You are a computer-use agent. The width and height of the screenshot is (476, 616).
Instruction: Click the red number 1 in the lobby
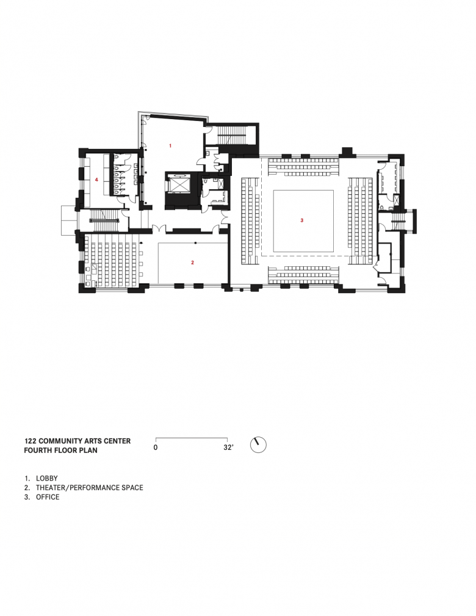click(x=170, y=146)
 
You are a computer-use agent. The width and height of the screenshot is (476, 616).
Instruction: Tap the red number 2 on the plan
click(x=192, y=263)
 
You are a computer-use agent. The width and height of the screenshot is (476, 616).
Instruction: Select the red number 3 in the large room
click(x=301, y=220)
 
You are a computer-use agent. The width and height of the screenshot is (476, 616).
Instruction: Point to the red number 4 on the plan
click(x=96, y=179)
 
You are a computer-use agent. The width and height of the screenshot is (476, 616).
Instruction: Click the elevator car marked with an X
click(x=178, y=184)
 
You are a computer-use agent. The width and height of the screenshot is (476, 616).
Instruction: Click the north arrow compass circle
click(x=258, y=445)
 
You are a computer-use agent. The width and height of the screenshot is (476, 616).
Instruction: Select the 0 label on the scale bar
click(x=156, y=448)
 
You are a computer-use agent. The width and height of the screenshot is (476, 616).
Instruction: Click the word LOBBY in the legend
click(x=47, y=478)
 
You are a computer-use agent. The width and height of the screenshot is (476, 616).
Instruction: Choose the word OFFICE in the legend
click(x=48, y=497)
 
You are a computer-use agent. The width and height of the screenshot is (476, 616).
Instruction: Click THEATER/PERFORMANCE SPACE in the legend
click(x=90, y=488)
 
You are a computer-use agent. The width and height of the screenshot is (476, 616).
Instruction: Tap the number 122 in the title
click(x=31, y=441)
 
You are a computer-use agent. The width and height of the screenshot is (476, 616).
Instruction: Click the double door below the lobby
click(x=159, y=229)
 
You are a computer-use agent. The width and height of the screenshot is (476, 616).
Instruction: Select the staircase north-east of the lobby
click(x=231, y=135)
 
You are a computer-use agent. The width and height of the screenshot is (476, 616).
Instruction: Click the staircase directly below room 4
click(x=105, y=216)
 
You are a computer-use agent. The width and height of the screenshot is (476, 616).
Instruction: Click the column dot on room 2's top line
click(x=195, y=243)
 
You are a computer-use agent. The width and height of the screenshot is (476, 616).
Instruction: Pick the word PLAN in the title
click(x=90, y=450)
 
